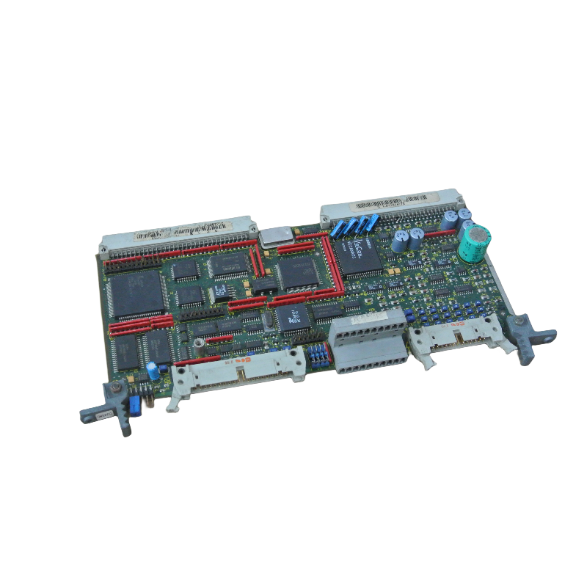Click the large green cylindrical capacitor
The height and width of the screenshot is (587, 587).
[x=474, y=243]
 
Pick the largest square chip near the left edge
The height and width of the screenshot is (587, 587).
[x=134, y=293]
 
